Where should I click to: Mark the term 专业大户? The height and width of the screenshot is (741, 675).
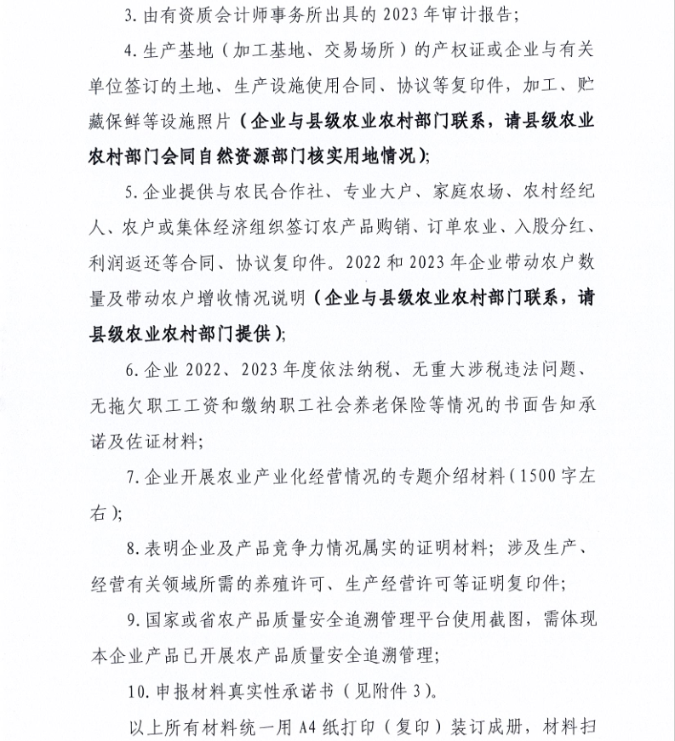[373, 191]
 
